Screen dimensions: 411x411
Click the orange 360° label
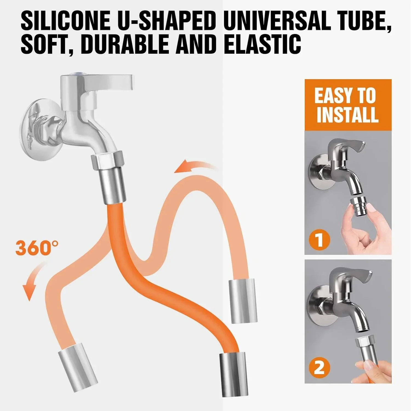(x=37, y=247)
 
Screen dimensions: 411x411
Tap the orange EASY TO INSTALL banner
(x=348, y=105)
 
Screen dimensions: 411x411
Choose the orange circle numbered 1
(x=319, y=239)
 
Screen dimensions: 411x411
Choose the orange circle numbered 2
(x=319, y=367)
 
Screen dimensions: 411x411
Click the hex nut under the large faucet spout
(x=107, y=162)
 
